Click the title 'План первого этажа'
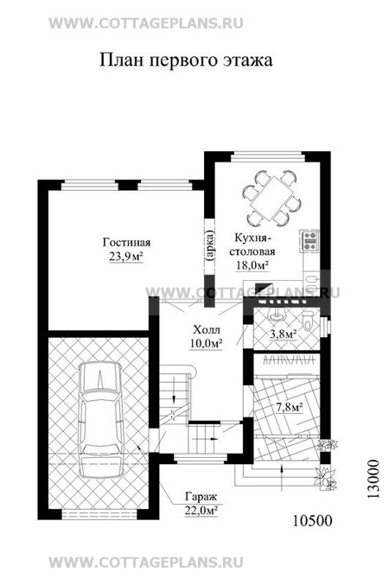[x=186, y=60]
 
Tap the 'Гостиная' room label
[x=126, y=243]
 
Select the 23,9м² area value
[x=126, y=257]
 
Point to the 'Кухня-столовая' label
[x=252, y=244]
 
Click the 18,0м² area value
[x=252, y=265]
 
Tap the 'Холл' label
[x=207, y=330]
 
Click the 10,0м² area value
[x=206, y=343]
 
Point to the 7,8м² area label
[x=289, y=408]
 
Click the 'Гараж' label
[x=201, y=497]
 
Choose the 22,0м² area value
[x=201, y=511]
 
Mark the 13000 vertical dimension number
[x=373, y=479]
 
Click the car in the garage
[x=101, y=419]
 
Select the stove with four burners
[x=310, y=240]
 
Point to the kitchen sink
[x=310, y=280]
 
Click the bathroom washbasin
[x=276, y=316]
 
